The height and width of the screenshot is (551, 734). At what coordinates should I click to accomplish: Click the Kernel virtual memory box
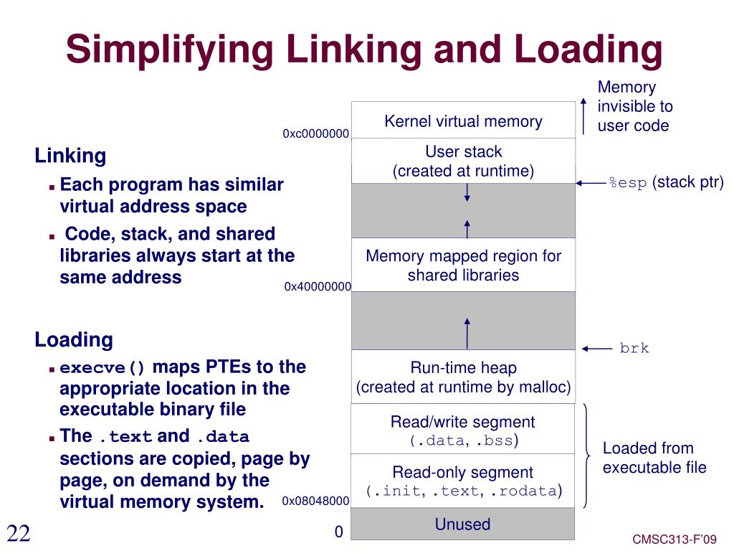pos(463,121)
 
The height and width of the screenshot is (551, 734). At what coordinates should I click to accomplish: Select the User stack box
pos(463,161)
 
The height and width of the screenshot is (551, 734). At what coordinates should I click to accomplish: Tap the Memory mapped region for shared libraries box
pos(463,265)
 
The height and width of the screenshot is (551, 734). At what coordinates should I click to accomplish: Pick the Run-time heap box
pos(463,377)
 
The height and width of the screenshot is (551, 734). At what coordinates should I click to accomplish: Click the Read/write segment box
pos(463,429)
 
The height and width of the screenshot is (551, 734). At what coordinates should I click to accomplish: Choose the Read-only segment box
pos(463,481)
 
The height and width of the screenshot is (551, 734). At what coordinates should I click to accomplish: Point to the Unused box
pos(463,524)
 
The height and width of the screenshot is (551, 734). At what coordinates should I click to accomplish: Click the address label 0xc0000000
pos(315,133)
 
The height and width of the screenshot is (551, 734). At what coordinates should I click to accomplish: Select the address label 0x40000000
pos(318,286)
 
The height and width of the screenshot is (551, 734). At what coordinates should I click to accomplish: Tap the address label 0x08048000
pos(315,501)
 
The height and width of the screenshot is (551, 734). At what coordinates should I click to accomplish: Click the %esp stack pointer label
pos(666,182)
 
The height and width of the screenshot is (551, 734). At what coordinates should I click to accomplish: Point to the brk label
pos(634,349)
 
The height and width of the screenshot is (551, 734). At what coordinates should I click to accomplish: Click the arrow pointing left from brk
pos(596,349)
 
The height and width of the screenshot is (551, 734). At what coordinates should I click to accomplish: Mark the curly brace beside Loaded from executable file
pos(587,456)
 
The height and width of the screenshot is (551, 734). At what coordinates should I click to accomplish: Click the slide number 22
pos(19,533)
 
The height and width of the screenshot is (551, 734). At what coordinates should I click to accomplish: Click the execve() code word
pos(103,368)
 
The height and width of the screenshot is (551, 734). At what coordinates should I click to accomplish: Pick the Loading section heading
pos(74,339)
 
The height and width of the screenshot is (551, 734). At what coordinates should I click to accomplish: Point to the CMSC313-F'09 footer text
pos(675,540)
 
